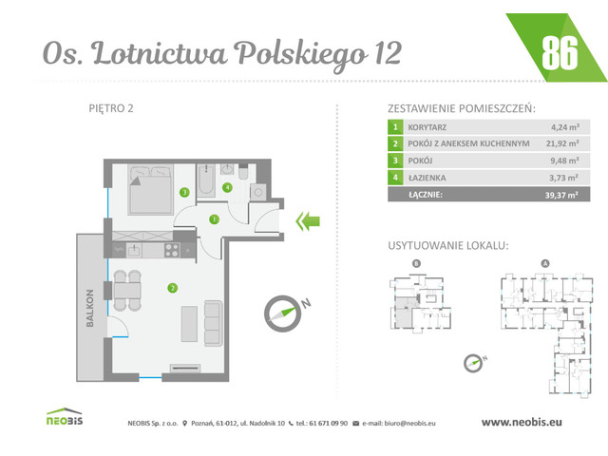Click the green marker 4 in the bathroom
coord(227,188)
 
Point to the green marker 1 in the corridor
coord(215,219)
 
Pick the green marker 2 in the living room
coord(172,288)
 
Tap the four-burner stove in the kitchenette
coord(172,250)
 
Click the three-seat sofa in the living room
coord(212,322)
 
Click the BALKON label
coord(88,308)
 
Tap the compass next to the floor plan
coord(284,311)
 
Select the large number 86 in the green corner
coord(559,53)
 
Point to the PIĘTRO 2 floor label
coord(110,107)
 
